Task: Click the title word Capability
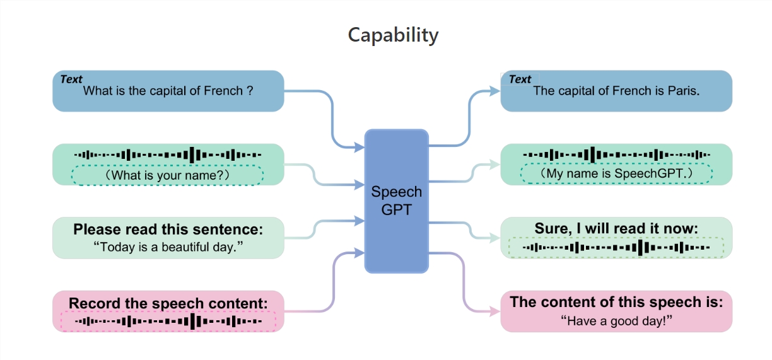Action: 393,35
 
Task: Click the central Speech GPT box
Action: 396,200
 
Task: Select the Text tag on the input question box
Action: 71,79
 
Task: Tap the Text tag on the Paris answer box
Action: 520,79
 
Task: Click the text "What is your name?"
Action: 168,175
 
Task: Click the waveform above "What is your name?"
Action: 168,154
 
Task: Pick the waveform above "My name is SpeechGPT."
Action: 616,154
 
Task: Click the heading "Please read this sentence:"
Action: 168,229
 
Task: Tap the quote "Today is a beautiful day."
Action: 168,247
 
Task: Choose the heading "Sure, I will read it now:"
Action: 616,228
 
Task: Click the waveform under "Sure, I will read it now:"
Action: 616,248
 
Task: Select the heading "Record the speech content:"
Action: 168,303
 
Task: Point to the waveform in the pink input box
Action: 168,322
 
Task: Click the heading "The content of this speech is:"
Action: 616,302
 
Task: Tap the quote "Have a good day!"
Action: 616,321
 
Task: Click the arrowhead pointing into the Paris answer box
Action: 495,91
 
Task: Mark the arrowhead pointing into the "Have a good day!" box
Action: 495,311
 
